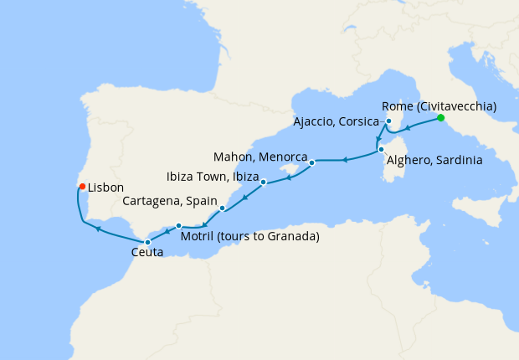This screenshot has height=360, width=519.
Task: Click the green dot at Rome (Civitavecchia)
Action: coord(441,119)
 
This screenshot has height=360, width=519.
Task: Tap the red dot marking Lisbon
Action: coord(81,187)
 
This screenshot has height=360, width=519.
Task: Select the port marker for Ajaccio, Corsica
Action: coord(388,122)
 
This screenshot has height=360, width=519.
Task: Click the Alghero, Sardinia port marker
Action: coord(381,150)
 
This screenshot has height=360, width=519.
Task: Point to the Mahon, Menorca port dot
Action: coord(311,162)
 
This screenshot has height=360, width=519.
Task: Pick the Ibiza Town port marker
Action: coord(263,182)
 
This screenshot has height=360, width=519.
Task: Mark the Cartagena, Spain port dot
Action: coord(222,208)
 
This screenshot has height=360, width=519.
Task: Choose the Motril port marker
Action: coord(179,225)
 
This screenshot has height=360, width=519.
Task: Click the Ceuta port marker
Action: coord(148,242)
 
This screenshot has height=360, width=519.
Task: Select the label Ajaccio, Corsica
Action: coord(336,122)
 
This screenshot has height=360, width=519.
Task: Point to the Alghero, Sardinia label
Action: coord(432,161)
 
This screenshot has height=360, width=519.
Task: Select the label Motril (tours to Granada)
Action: coord(250,237)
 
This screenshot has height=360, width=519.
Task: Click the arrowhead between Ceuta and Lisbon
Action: coord(98,228)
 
